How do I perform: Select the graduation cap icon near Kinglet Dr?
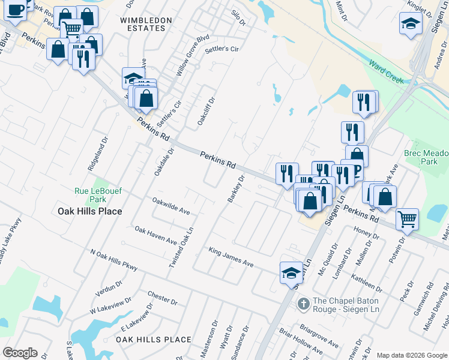[411, 25]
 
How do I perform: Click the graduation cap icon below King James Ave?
[292, 272]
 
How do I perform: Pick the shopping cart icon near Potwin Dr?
[408, 219]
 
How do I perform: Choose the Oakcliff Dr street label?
[206, 111]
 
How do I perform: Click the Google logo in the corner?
[20, 353]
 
